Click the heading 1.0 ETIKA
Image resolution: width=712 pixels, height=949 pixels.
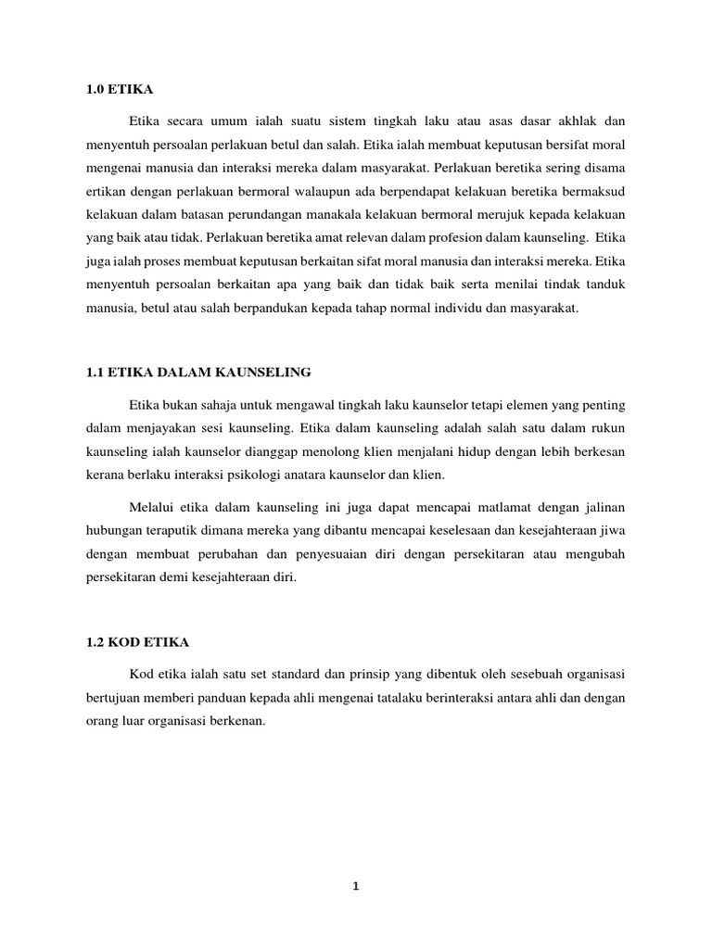[x=118, y=89]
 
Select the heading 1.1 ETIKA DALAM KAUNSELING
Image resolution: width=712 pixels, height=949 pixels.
[x=197, y=372]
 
